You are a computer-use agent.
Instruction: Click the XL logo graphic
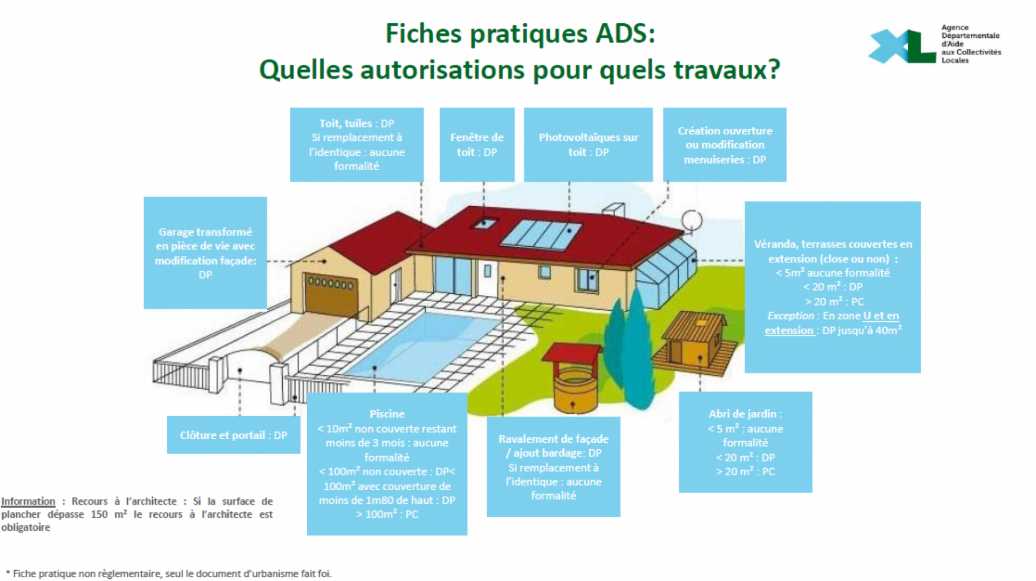(x=901, y=46)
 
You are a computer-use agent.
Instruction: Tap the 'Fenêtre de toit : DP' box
(x=477, y=145)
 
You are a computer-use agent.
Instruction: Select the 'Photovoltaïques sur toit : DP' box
(x=588, y=145)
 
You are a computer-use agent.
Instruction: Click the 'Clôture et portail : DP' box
(x=233, y=435)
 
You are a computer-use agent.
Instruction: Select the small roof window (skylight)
(x=485, y=222)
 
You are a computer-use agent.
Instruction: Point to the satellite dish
(x=692, y=220)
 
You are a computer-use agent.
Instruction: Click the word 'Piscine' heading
(x=387, y=414)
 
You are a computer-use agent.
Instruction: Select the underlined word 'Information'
(x=28, y=501)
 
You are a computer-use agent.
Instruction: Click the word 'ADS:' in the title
(x=625, y=33)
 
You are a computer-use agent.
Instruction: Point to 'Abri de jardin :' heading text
(x=745, y=414)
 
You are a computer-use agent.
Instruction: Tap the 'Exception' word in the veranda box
(x=790, y=316)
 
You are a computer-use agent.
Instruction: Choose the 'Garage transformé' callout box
(x=205, y=253)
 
